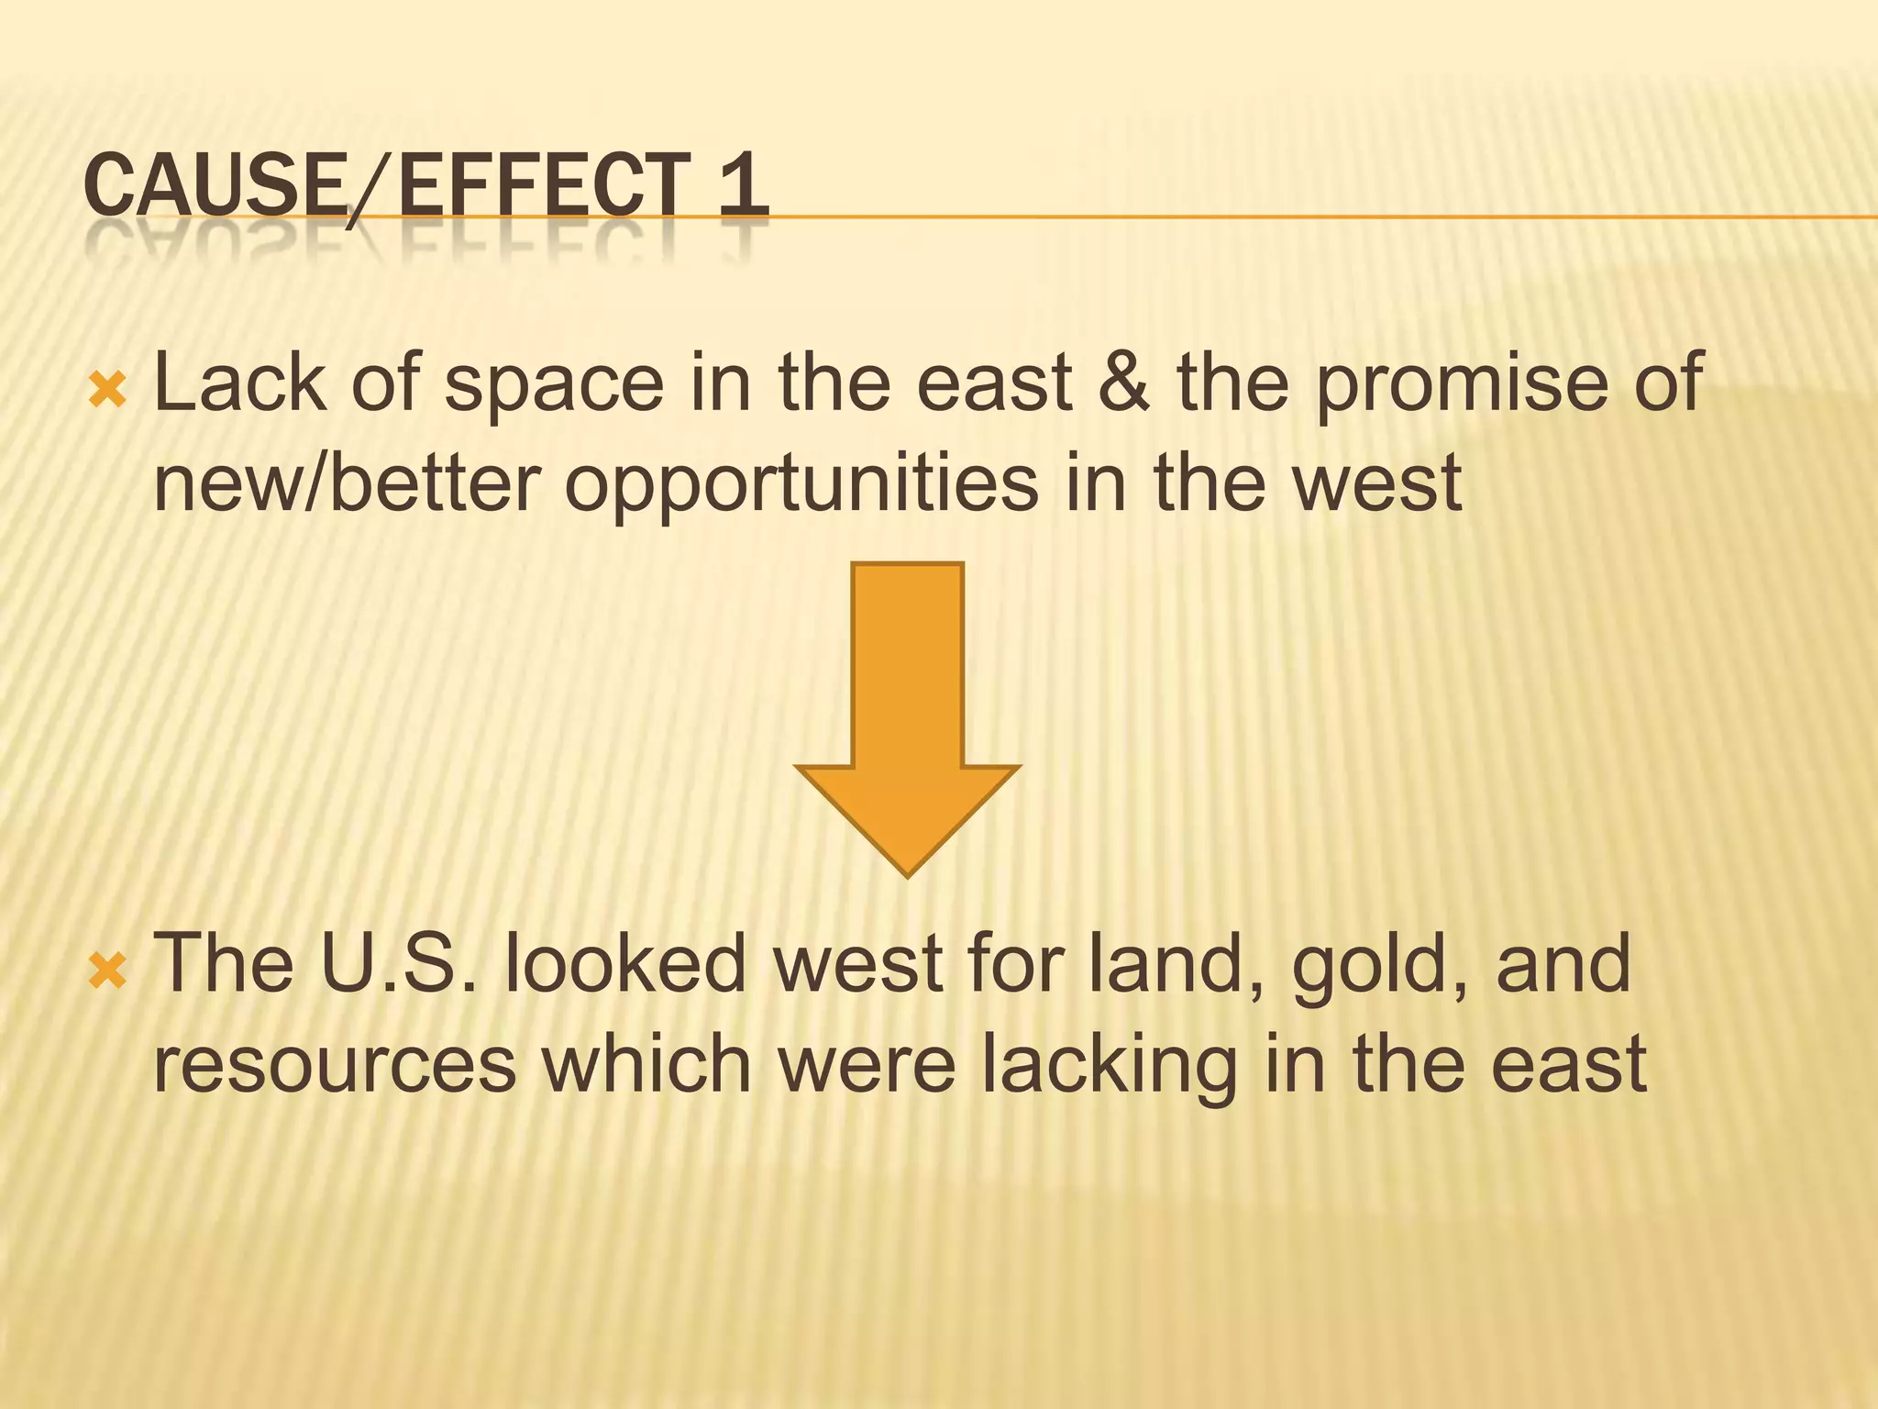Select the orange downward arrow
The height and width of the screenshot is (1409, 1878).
(907, 716)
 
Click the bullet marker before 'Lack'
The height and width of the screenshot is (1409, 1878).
(108, 391)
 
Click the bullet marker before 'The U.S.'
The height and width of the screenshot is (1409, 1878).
(108, 971)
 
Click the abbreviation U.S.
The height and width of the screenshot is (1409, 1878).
(398, 963)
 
